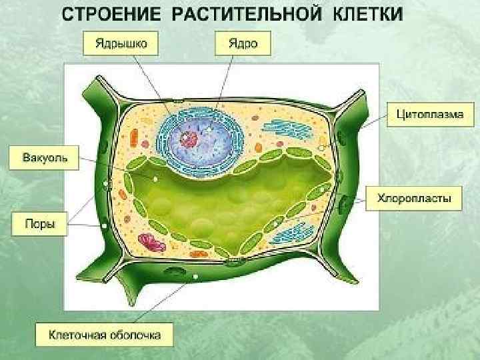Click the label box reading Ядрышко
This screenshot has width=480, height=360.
coord(121,45)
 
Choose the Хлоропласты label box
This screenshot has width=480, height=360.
coord(414,198)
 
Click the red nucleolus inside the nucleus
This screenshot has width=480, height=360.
coord(191,139)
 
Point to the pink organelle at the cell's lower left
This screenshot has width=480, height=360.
coord(151,241)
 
